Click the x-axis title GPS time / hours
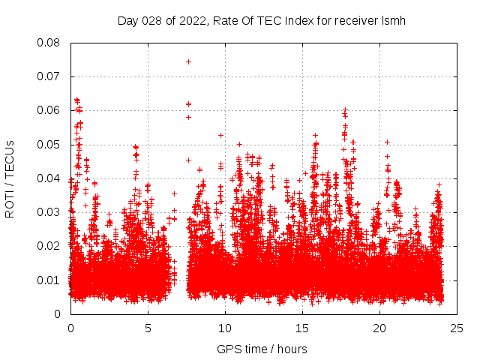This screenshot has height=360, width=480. [262, 349]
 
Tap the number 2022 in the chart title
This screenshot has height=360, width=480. [195, 20]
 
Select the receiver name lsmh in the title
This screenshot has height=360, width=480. [392, 20]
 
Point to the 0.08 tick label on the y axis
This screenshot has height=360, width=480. [49, 43]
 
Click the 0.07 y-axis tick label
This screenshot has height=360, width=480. [49, 76]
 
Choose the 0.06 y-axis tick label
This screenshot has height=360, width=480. [49, 110]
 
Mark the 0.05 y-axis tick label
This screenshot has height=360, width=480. [49, 144]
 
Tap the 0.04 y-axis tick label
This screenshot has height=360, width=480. [49, 178]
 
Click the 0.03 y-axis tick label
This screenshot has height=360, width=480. [49, 212]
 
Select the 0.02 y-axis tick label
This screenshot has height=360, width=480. [49, 246]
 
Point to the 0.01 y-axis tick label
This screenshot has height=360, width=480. [49, 280]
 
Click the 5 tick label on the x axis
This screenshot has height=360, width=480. [148, 328]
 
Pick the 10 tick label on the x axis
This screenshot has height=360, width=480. [225, 328]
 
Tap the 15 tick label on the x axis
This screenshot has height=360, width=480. [302, 328]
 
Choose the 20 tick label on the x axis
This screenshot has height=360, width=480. [379, 328]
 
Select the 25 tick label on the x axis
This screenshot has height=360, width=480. [457, 328]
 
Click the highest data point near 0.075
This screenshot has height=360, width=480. [188, 61]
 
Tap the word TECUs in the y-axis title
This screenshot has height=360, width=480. [10, 159]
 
